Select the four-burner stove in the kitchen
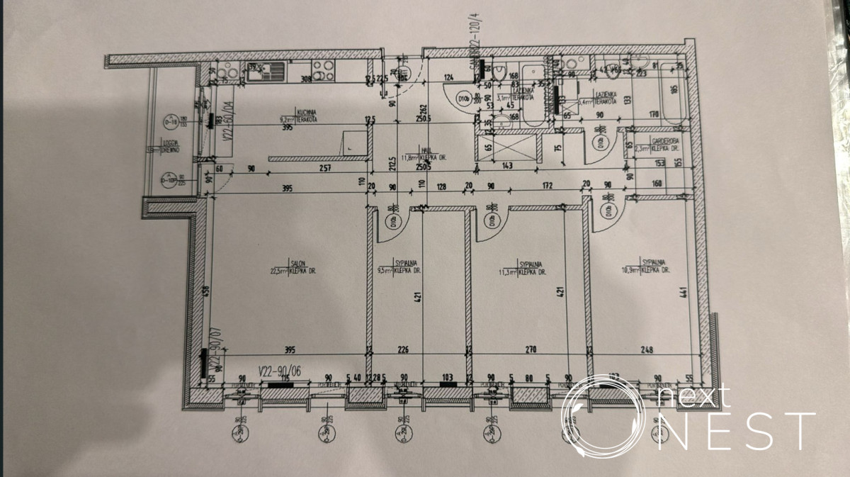pyautogui.click(x=324, y=70)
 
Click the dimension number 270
pyautogui.click(x=531, y=349)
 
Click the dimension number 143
pyautogui.click(x=507, y=166)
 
